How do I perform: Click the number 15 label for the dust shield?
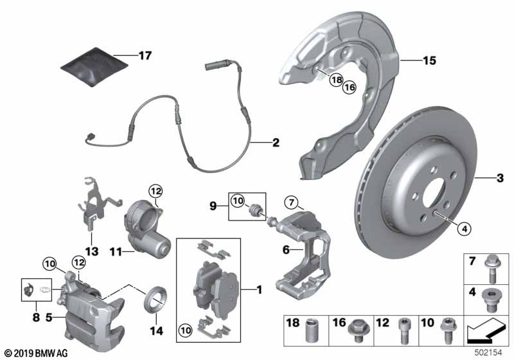tap(429, 61)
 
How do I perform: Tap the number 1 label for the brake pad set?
tap(260, 290)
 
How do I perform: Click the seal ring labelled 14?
tap(157, 300)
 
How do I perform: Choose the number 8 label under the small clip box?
tap(36, 316)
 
